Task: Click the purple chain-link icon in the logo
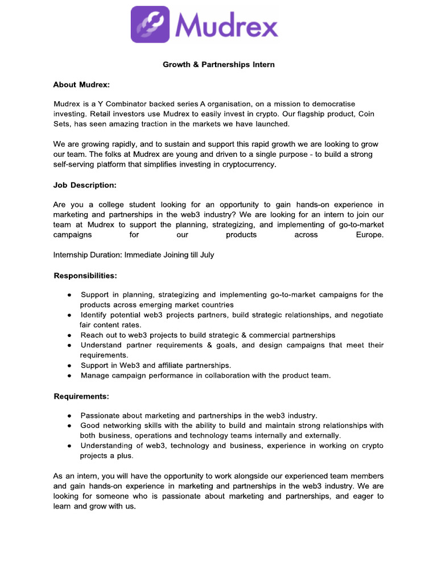150,24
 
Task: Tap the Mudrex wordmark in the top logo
226,26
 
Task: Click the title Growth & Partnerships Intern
218,64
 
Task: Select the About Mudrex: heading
81,85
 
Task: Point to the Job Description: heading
85,185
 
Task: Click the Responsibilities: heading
85,275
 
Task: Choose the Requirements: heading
81,396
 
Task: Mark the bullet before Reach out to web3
69,335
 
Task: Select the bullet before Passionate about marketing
69,415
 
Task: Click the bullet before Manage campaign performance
69,376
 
